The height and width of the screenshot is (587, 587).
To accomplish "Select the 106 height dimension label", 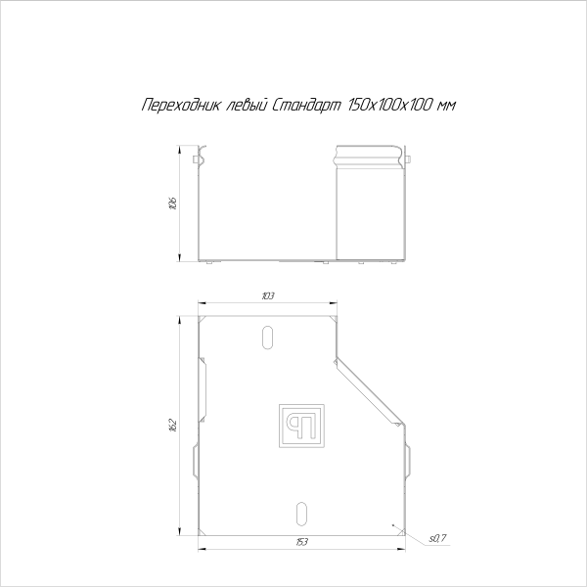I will coord(171,205).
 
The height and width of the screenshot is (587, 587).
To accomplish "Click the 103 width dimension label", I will coord(266,294).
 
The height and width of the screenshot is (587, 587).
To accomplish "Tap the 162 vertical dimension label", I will coord(171,426).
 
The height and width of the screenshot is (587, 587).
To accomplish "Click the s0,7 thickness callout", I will coord(436,537).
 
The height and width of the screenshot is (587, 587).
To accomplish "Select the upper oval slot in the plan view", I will coord(268,339).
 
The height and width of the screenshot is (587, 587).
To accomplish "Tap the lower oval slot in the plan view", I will coord(300,513).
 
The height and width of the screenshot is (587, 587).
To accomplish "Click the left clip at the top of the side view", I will coord(198,158).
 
